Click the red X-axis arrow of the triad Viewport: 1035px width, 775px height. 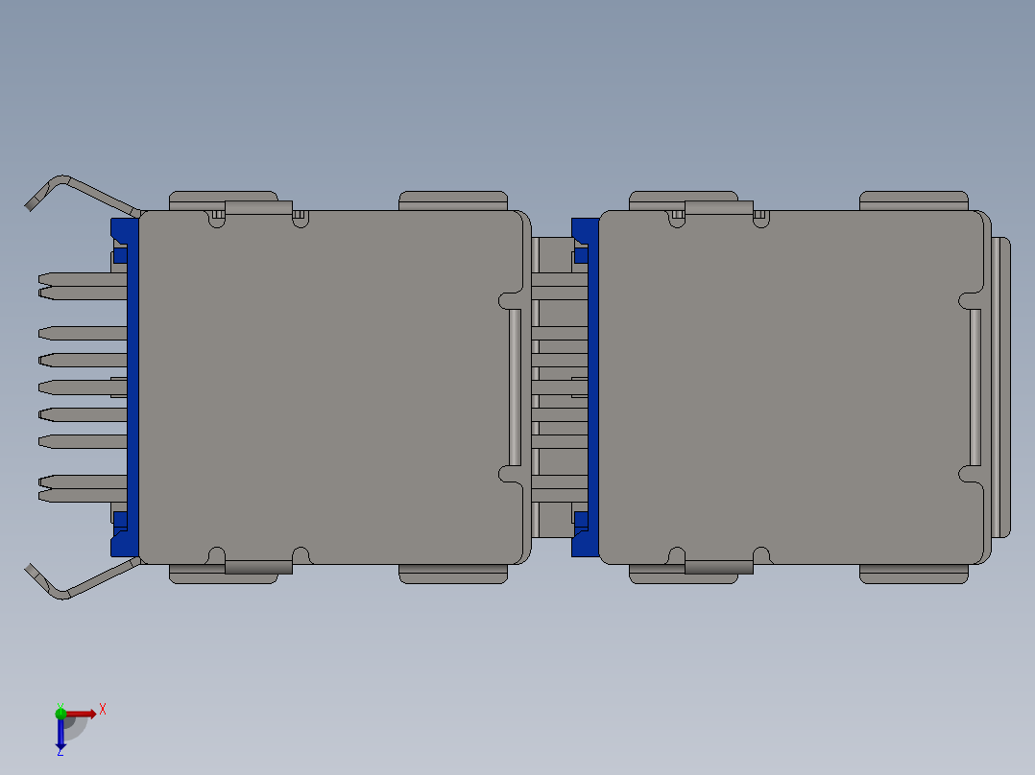(81, 714)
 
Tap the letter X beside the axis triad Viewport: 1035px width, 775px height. (103, 710)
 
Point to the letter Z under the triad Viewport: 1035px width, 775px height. (60, 753)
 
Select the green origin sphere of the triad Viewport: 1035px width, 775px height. (61, 713)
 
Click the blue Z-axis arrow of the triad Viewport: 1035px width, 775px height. (60, 734)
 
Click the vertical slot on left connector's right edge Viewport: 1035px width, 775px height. (515, 387)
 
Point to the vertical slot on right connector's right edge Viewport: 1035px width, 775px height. (975, 387)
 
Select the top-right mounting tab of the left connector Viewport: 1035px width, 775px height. (452, 200)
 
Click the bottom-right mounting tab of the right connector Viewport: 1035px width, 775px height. (913, 575)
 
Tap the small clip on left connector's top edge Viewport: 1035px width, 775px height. (257, 207)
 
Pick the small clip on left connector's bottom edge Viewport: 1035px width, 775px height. (257, 567)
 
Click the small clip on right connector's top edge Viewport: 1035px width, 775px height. (718, 207)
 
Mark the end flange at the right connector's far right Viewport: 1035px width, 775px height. (1001, 387)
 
